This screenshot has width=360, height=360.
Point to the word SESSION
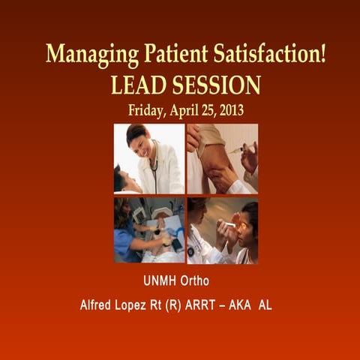216,85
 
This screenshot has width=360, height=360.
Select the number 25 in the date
208,109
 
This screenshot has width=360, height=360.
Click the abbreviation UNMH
161,282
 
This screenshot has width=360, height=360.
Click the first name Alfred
99,306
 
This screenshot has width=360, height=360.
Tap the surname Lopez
139,306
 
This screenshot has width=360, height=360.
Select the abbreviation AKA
248,306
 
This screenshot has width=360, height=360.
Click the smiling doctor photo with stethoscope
148,158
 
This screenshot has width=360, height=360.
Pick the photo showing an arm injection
222,158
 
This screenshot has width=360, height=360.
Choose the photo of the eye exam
222,230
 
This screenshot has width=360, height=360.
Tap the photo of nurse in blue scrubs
148,230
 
